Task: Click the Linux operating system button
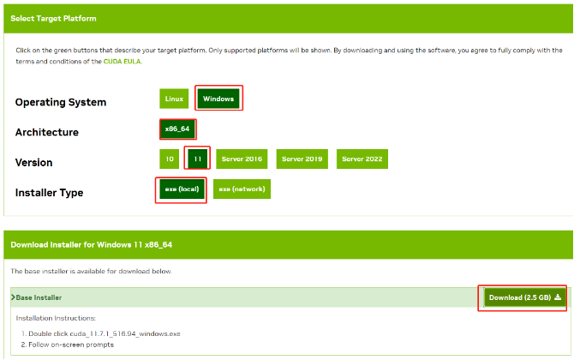pos(173,99)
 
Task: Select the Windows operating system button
pos(218,99)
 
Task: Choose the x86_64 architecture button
pos(178,129)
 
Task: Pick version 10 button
pos(170,159)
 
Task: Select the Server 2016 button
pos(242,159)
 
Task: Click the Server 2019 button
pos(302,159)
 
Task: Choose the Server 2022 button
pos(362,159)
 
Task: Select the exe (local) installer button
pos(182,189)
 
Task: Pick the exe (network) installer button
pos(242,189)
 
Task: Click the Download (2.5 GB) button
pos(524,297)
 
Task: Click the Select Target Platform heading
pos(53,18)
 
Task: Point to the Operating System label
pos(61,103)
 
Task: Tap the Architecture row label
pos(47,133)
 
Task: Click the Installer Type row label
pos(50,193)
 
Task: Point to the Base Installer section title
pos(39,297)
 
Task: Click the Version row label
pos(34,163)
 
